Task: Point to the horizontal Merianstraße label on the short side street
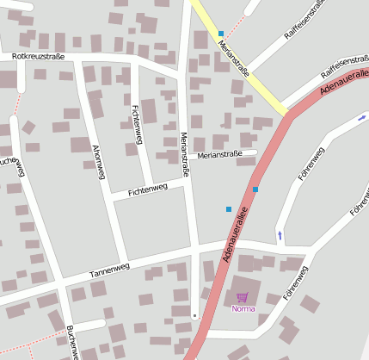(x=226, y=154)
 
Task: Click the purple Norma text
(x=243, y=308)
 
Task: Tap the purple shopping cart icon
(x=242, y=298)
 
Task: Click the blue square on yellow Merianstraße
(x=221, y=34)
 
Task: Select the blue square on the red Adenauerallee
(x=255, y=189)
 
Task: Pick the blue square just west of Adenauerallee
(x=229, y=208)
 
